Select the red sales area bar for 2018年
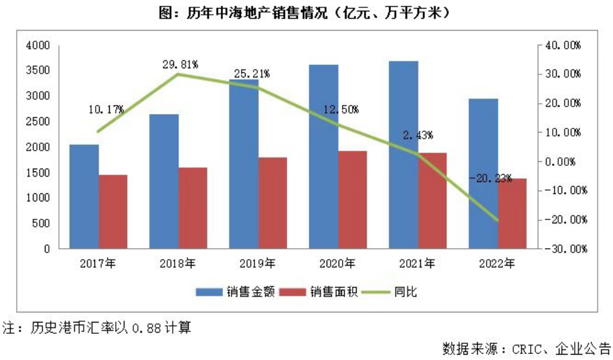click(193, 207)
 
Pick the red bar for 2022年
click(511, 213)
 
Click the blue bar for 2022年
click(483, 173)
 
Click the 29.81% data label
click(180, 64)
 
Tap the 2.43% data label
click(417, 135)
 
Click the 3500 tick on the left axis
click(38, 70)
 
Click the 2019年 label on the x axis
click(257, 263)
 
